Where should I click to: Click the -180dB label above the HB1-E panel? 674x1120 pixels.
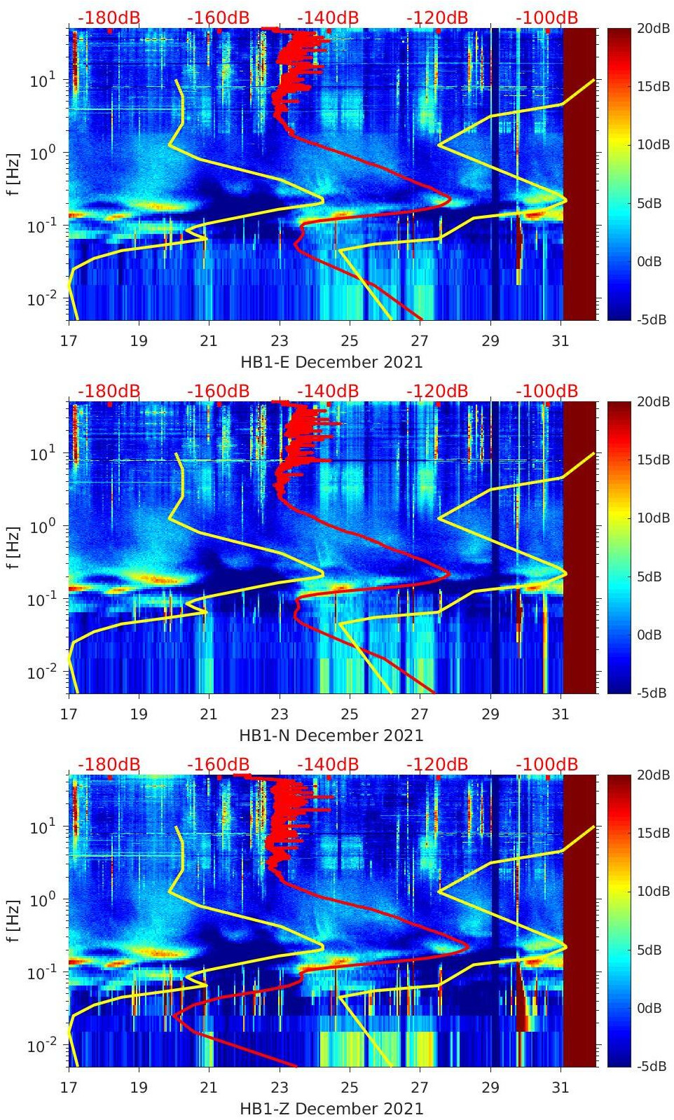pos(109,18)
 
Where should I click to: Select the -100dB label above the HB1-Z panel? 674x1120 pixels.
pos(546,764)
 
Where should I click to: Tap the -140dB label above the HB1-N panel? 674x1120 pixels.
pos(328,391)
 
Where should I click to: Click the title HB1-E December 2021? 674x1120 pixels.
pos(331,362)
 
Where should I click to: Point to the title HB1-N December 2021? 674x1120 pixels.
pos(331,735)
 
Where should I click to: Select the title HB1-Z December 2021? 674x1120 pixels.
pos(331,1109)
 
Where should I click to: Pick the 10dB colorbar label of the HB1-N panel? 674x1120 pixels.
pos(652,518)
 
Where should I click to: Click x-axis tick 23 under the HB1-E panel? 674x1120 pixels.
pos(280,341)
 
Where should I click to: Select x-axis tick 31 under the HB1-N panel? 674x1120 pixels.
pos(560,714)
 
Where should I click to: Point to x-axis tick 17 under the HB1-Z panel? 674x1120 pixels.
pos(69,1088)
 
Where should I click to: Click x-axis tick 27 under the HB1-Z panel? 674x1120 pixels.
pos(420,1088)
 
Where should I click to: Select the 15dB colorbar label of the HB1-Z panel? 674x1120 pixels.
pos(652,833)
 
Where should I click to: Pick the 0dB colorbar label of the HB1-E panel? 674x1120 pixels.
pos(649,261)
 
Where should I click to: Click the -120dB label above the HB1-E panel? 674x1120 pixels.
pos(437,18)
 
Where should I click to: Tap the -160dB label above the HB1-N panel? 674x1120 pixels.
pos(218,391)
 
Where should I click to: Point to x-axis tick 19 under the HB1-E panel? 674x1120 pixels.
pos(139,341)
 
